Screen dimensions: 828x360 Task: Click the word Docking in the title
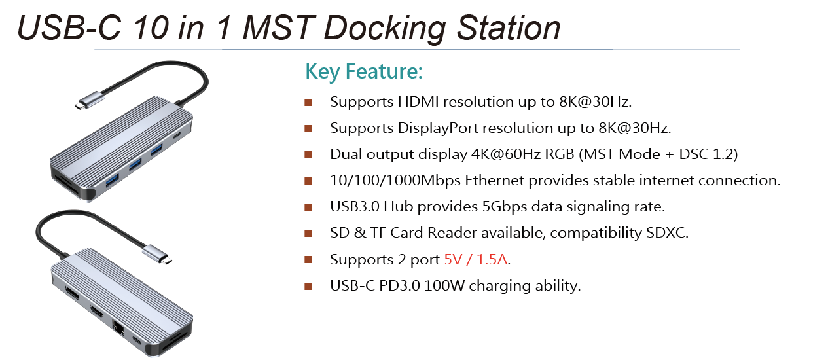pos(385,28)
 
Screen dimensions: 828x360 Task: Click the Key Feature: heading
pos(364,71)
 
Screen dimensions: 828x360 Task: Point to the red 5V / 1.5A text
pos(475,259)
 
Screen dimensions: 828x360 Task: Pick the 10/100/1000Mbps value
pos(395,181)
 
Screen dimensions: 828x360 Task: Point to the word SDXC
pos(667,233)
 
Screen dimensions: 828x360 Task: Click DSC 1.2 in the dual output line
pos(708,154)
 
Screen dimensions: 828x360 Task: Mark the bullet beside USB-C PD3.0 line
pos(308,287)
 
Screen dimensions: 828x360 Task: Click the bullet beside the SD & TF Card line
pos(308,234)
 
